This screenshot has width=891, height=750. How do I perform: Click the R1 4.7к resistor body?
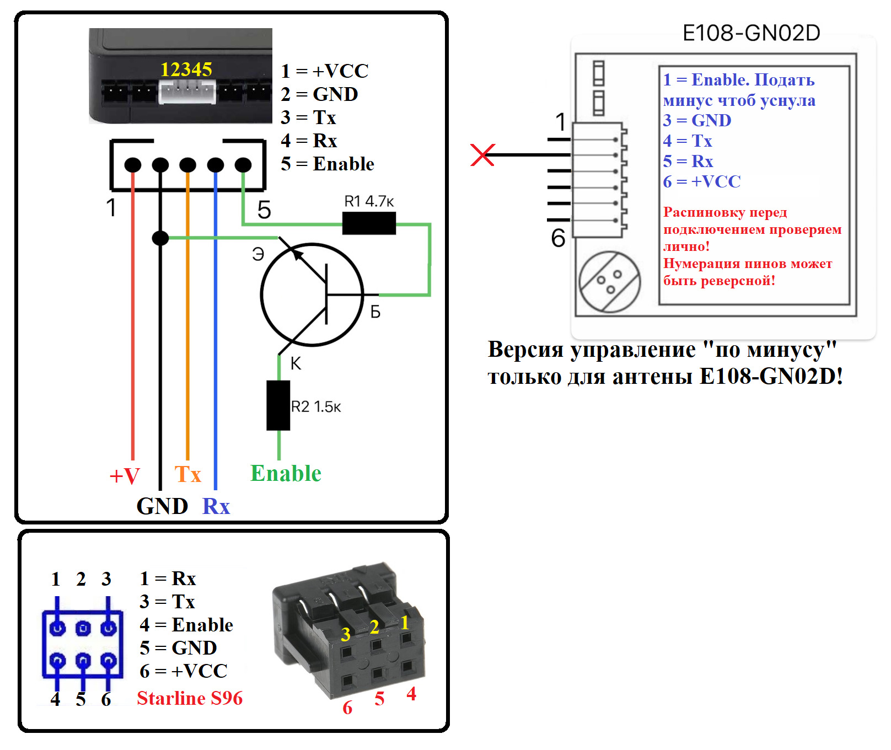pos(369,223)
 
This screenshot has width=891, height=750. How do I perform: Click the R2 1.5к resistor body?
pos(278,405)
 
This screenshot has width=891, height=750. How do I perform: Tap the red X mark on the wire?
pos(482,155)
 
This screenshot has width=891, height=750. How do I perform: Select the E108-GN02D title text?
pos(751,33)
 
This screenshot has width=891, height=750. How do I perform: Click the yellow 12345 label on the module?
pos(186,69)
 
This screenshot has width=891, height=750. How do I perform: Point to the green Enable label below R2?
pos(286,473)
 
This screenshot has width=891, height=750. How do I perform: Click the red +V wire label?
pos(125,476)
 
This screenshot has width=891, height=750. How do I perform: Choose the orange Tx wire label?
pos(188,474)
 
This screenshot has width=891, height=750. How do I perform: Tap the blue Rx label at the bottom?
pos(216,506)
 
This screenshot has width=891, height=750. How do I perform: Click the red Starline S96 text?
pos(190,698)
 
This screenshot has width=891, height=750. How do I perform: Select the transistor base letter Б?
pos(375,312)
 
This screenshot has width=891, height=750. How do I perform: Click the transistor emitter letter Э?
pos(258,254)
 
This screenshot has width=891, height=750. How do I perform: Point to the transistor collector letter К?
pos(296,363)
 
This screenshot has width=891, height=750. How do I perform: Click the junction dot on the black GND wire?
pos(160,238)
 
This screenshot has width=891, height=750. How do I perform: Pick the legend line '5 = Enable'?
pos(328,164)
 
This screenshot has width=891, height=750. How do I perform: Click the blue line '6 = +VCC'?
pos(702,181)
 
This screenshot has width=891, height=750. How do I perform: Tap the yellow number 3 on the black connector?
pos(346,634)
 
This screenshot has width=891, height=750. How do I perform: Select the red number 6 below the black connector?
pos(347,708)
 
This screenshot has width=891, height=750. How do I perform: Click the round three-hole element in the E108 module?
pos(609,282)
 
